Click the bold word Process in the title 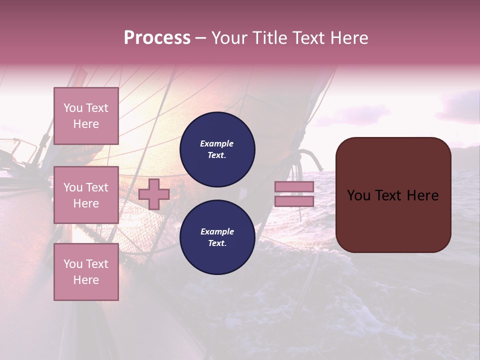point(157,38)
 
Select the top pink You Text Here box point(86,116)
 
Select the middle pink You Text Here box point(86,195)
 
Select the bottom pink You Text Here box point(86,272)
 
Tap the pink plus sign point(154,194)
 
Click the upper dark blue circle point(217,149)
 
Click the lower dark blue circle point(217,237)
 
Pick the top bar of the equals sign point(294,187)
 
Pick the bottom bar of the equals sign point(294,201)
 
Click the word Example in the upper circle point(217,143)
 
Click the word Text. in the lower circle point(217,243)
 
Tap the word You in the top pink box point(73,108)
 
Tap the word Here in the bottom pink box point(86,280)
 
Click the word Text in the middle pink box point(97,187)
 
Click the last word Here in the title point(348,38)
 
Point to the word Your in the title point(228,38)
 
